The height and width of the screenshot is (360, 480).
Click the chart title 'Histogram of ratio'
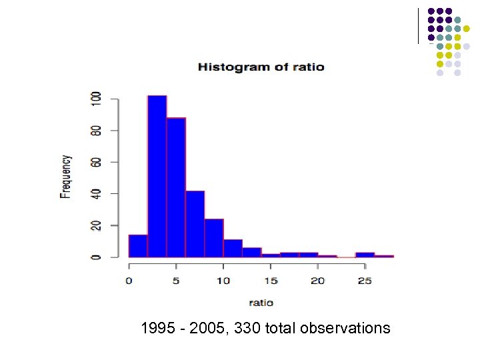261,67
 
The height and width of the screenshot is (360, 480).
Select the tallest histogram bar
157,177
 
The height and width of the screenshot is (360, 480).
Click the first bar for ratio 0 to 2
138,246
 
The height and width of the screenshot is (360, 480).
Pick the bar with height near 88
176,187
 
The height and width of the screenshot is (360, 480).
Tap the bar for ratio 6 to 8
195,224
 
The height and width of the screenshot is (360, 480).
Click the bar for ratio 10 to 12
233,249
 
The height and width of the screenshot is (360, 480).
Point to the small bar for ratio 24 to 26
365,255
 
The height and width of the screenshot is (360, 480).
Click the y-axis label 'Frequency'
65,177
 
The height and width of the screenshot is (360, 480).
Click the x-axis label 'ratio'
261,302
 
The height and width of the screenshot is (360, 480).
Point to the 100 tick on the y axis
97,100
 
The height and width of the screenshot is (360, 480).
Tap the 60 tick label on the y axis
97,162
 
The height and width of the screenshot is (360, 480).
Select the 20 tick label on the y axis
97,225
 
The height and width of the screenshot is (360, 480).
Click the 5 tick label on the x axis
176,281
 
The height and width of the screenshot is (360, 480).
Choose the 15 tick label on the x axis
271,281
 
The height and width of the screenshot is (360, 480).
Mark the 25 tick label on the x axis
365,281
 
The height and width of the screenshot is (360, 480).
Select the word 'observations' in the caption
345,328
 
